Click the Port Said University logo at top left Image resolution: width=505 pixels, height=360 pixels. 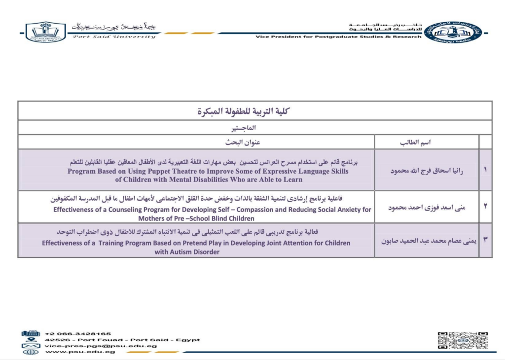(x=45, y=32)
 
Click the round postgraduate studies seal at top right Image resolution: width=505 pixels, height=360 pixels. (x=453, y=32)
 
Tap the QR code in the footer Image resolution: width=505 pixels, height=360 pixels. (x=462, y=341)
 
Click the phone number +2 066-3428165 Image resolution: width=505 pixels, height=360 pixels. (x=77, y=333)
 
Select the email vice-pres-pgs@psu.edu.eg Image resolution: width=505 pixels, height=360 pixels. (x=101, y=346)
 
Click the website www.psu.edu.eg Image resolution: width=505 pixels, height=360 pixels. (x=80, y=352)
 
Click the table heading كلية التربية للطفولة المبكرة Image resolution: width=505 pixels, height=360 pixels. (x=254, y=111)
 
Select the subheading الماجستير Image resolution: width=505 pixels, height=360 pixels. (x=254, y=128)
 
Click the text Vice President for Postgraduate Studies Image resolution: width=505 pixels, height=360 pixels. (x=321, y=37)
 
